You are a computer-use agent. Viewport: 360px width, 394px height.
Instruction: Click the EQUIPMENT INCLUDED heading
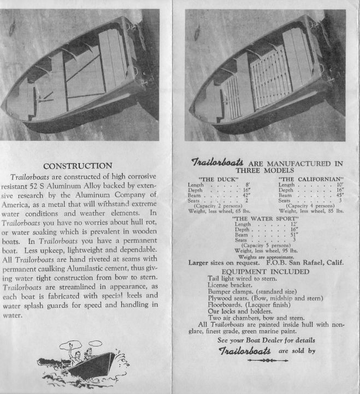(x=265, y=271)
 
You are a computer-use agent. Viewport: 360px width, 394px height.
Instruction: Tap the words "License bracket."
(x=232, y=285)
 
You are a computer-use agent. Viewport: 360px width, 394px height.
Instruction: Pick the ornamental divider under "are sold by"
(x=265, y=360)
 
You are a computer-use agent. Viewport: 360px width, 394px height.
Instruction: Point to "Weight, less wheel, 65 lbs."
(x=217, y=210)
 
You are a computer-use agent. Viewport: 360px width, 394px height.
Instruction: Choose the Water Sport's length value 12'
(x=293, y=224)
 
